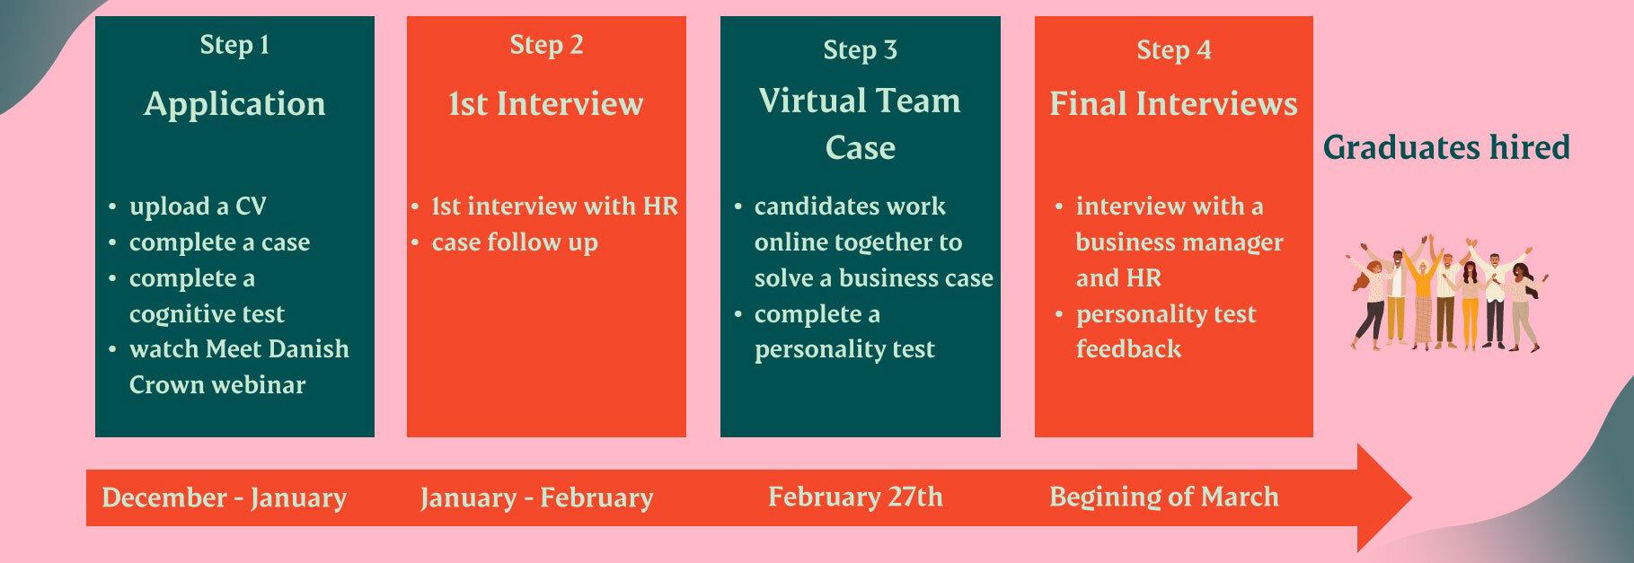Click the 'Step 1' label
point(234,45)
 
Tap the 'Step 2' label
point(546,45)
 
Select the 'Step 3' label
point(860,50)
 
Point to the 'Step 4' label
point(1173,50)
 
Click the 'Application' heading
point(234,105)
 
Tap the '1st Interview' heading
point(546,104)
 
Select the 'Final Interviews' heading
point(1173,104)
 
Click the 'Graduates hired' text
point(1446,147)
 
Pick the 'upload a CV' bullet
point(198,207)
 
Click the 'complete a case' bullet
point(219,242)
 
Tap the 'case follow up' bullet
point(515,242)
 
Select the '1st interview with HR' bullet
point(554,207)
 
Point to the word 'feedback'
point(1128,349)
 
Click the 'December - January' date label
point(224,497)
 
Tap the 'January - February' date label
point(536,497)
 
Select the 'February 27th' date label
point(855,497)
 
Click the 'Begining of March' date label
point(1163,497)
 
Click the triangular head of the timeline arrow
point(1379,497)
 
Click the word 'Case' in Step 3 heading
point(860,148)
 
